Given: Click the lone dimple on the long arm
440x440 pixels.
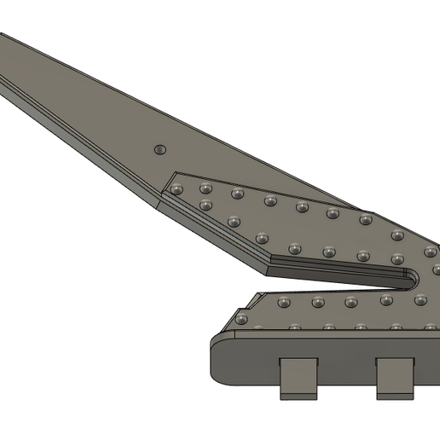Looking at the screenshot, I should pyautogui.click(x=159, y=150).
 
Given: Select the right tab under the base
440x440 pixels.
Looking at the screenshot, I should pyautogui.click(x=396, y=378).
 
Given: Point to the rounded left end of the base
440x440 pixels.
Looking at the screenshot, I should pyautogui.click(x=218, y=358).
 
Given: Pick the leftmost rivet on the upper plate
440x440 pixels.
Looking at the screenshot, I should pyautogui.click(x=177, y=189).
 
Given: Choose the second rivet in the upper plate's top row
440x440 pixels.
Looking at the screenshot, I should pyautogui.click(x=206, y=188).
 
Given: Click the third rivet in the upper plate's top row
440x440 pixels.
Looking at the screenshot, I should pyautogui.click(x=238, y=194).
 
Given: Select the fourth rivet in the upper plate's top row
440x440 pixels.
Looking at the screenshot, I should pyautogui.click(x=270, y=201).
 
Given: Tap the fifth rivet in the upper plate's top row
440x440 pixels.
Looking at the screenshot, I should pyautogui.click(x=302, y=207).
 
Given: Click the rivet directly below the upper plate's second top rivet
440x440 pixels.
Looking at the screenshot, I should pyautogui.click(x=206, y=205).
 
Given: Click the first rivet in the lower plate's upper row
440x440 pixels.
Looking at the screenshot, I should pyautogui.click(x=284, y=303).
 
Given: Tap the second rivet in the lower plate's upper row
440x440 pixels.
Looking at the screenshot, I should pyautogui.click(x=318, y=302).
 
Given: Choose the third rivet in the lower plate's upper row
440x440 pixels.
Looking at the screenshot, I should pyautogui.click(x=351, y=302).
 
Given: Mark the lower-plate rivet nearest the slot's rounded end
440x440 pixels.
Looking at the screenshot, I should pyautogui.click(x=420, y=298).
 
